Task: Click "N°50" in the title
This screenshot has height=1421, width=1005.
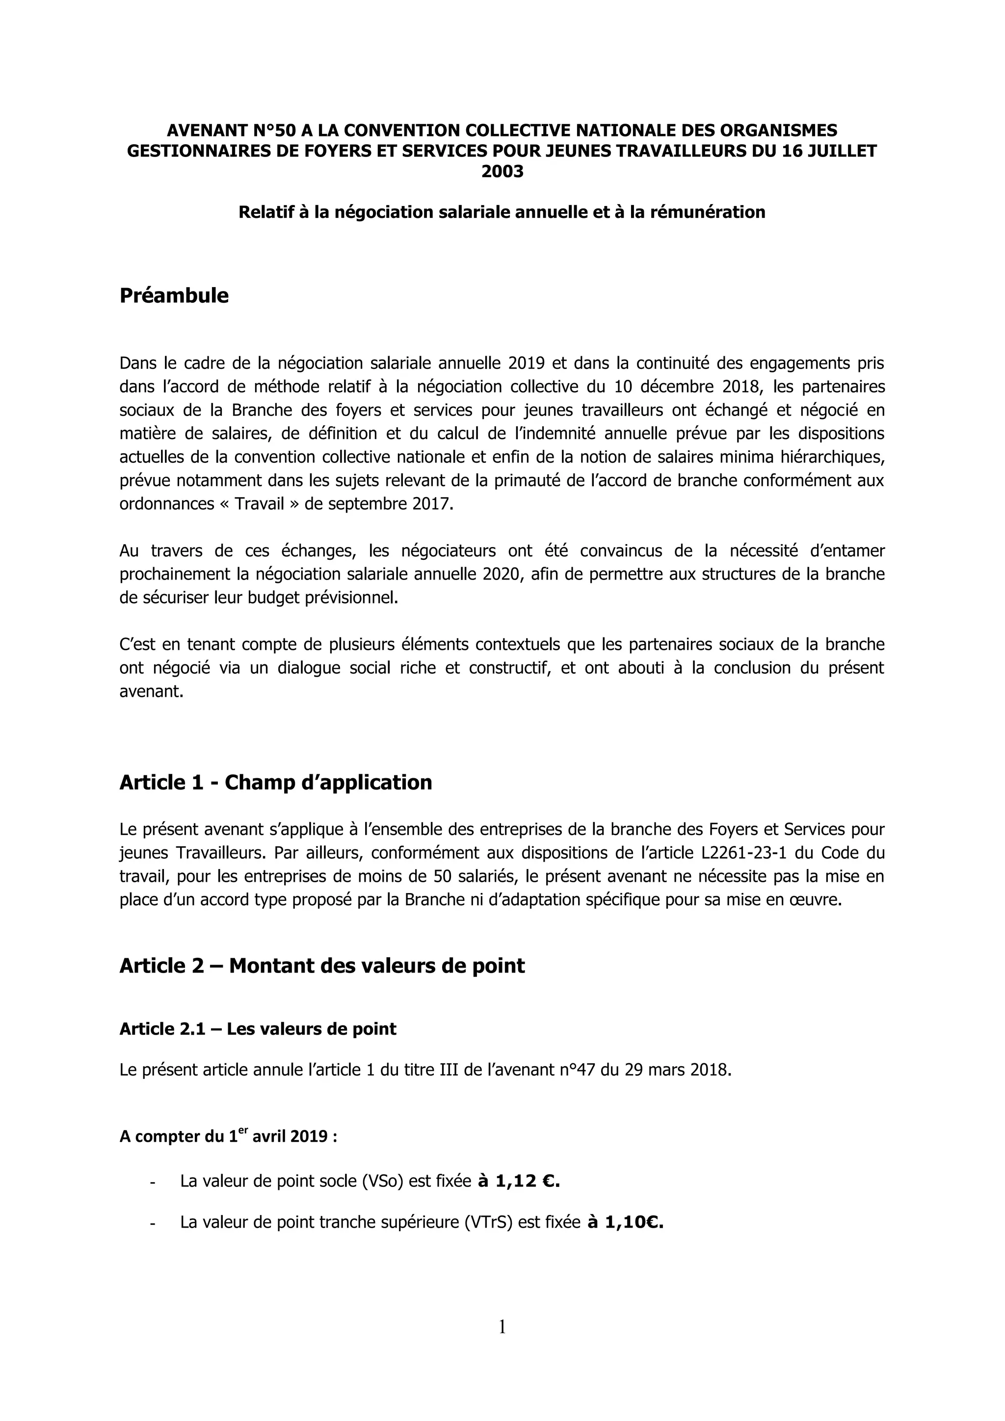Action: click(x=275, y=131)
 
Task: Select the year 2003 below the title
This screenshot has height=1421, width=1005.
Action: click(x=502, y=171)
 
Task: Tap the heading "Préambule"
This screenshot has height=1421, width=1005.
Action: click(x=174, y=296)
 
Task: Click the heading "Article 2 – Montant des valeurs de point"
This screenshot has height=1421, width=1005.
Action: click(x=322, y=966)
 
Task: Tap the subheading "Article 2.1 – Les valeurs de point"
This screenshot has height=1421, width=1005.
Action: click(x=258, y=1028)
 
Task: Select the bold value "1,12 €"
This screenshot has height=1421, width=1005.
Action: click(x=527, y=1182)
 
